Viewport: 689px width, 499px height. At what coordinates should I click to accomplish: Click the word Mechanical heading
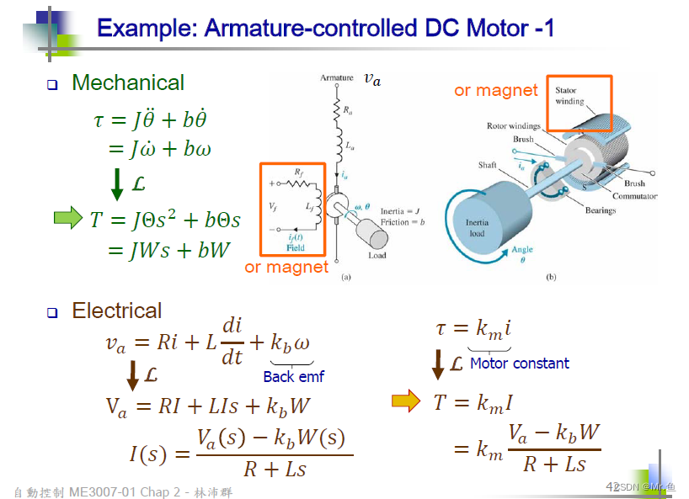[127, 82]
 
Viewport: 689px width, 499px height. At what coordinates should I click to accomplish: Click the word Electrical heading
[116, 311]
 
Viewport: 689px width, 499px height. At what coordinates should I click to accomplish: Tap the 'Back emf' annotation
[293, 377]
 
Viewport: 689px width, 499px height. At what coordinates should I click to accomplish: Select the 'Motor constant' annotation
[519, 364]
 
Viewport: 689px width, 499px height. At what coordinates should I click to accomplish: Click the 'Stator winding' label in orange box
[569, 96]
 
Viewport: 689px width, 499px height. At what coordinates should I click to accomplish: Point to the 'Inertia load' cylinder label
[477, 228]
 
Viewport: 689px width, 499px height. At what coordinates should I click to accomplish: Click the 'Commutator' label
[634, 196]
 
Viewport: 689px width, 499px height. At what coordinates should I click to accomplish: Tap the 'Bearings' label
[601, 210]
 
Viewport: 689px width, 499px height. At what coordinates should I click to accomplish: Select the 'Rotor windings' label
[513, 126]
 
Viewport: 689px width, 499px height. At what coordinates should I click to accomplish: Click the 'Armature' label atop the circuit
[337, 78]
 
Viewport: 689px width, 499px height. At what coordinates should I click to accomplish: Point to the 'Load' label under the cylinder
[377, 255]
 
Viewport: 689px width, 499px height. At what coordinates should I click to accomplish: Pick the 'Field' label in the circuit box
[295, 248]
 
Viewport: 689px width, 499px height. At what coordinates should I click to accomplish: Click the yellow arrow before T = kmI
[406, 401]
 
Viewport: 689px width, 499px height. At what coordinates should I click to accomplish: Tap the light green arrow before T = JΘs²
[69, 219]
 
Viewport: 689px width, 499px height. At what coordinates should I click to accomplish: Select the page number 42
[612, 486]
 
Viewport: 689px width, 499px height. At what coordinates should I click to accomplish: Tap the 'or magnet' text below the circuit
[286, 268]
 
